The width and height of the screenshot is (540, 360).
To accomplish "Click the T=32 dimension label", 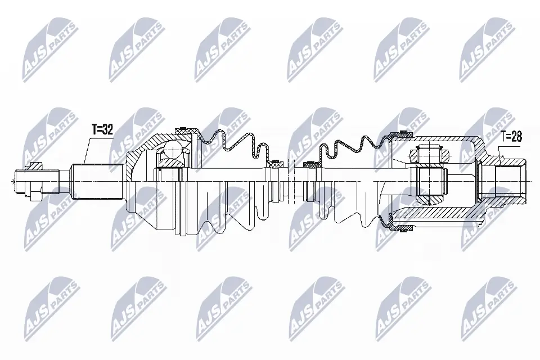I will pos(102,130).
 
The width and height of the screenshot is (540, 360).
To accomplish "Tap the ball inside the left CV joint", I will pos(172,150).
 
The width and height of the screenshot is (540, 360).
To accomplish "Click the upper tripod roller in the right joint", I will pos(431,153).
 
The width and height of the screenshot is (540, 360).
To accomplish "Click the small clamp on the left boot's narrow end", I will pos(275,164).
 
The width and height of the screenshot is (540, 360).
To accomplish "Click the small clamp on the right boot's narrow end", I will pos(310,165).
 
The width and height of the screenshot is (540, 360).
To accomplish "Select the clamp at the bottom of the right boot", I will pos(404,227).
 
